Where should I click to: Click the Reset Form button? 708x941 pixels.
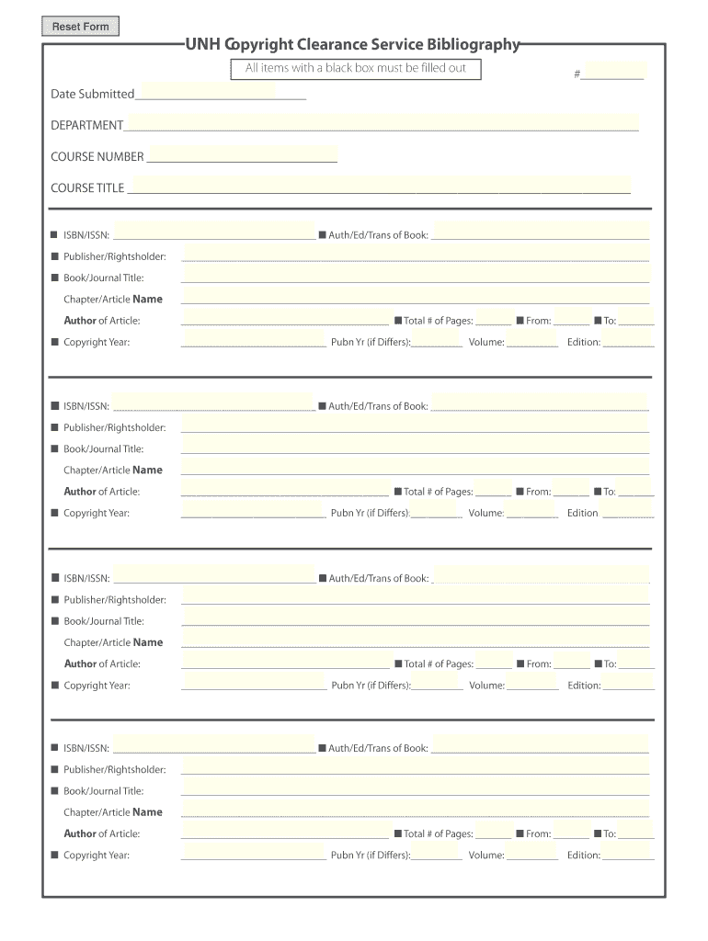(80, 27)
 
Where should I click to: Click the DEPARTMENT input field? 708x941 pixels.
(381, 123)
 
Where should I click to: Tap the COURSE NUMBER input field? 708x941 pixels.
(242, 154)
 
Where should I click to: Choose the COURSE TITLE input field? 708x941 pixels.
(378, 186)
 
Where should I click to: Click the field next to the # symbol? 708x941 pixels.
(613, 72)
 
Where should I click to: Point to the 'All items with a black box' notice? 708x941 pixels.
(355, 68)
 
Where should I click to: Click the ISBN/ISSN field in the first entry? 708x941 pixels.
(213, 232)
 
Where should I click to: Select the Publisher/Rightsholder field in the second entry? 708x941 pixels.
(415, 425)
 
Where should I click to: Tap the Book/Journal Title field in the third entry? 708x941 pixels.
(415, 618)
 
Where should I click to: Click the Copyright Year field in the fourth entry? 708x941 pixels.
(254, 854)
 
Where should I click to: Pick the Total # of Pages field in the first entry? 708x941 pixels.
(494, 319)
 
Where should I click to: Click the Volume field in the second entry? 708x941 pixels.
(532, 511)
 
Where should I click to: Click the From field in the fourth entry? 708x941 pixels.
(572, 833)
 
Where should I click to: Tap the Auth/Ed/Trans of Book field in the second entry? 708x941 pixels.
(540, 403)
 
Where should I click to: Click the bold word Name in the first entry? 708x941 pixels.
(148, 299)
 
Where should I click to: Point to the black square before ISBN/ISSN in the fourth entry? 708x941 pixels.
(54, 748)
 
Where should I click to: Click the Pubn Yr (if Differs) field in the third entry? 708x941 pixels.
(438, 683)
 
